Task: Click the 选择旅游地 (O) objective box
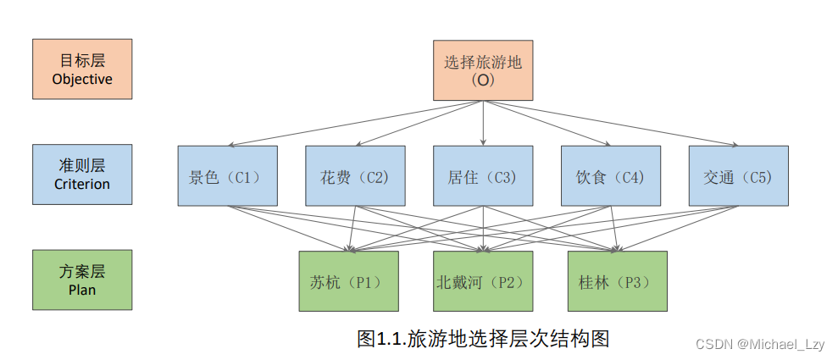(x=483, y=70)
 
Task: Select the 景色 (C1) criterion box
(x=227, y=175)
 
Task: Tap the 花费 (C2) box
(x=355, y=175)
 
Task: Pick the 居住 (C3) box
(x=483, y=175)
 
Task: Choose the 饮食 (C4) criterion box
(x=611, y=175)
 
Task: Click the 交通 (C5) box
(x=738, y=175)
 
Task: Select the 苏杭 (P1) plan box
(x=348, y=281)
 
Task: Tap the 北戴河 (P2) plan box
(x=483, y=281)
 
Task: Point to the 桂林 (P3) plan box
(x=617, y=281)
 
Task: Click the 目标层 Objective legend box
(x=82, y=68)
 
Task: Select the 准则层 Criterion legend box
(x=82, y=174)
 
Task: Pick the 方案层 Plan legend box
(x=82, y=280)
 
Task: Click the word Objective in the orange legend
(x=82, y=79)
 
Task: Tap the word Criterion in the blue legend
(x=82, y=184)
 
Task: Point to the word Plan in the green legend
(x=82, y=290)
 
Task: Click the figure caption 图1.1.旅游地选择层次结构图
(x=483, y=339)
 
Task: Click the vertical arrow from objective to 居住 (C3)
(x=483, y=123)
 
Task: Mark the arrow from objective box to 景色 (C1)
(x=356, y=124)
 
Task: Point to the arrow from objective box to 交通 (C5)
(x=610, y=124)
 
